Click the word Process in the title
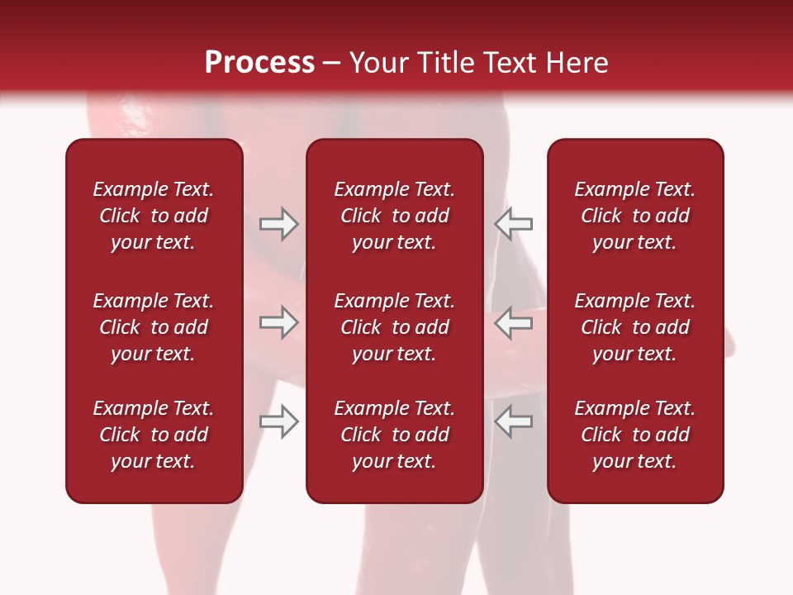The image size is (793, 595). pyautogui.click(x=259, y=63)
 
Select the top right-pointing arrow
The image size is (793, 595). pyautogui.click(x=278, y=224)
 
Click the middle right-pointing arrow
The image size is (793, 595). pyautogui.click(x=278, y=322)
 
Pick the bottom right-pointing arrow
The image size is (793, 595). pyautogui.click(x=278, y=422)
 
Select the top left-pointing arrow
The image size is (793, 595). pyautogui.click(x=513, y=224)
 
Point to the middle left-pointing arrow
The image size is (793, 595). pyautogui.click(x=513, y=322)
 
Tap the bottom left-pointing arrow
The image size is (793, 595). pyautogui.click(x=513, y=422)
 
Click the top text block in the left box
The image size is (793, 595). pyautogui.click(x=154, y=216)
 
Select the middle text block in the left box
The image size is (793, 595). pyautogui.click(x=154, y=327)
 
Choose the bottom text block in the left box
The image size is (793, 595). pyautogui.click(x=154, y=435)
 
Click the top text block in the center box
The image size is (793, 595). pyautogui.click(x=395, y=216)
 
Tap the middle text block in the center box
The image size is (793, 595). pyautogui.click(x=395, y=327)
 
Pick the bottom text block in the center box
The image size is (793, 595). pyautogui.click(x=395, y=435)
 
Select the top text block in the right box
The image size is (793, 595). pyautogui.click(x=635, y=216)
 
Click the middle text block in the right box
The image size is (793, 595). pyautogui.click(x=635, y=327)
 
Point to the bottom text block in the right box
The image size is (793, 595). pyautogui.click(x=635, y=435)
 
